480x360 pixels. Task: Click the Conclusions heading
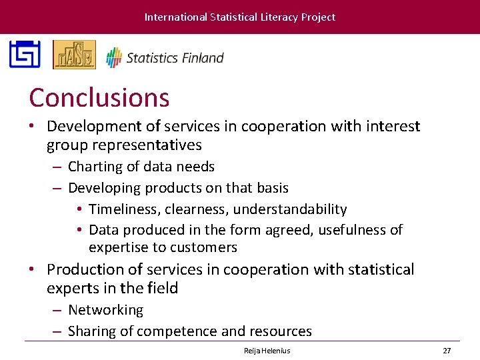coord(99,98)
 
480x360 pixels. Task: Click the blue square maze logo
coord(25,55)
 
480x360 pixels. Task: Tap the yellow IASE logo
coord(74,55)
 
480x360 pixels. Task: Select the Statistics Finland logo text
coord(175,58)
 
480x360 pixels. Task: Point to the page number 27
coord(447,350)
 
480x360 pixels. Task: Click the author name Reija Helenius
coord(267,350)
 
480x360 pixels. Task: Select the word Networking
coord(105,310)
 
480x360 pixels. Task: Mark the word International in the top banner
coord(175,17)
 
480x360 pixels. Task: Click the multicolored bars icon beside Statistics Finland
coord(114,57)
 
